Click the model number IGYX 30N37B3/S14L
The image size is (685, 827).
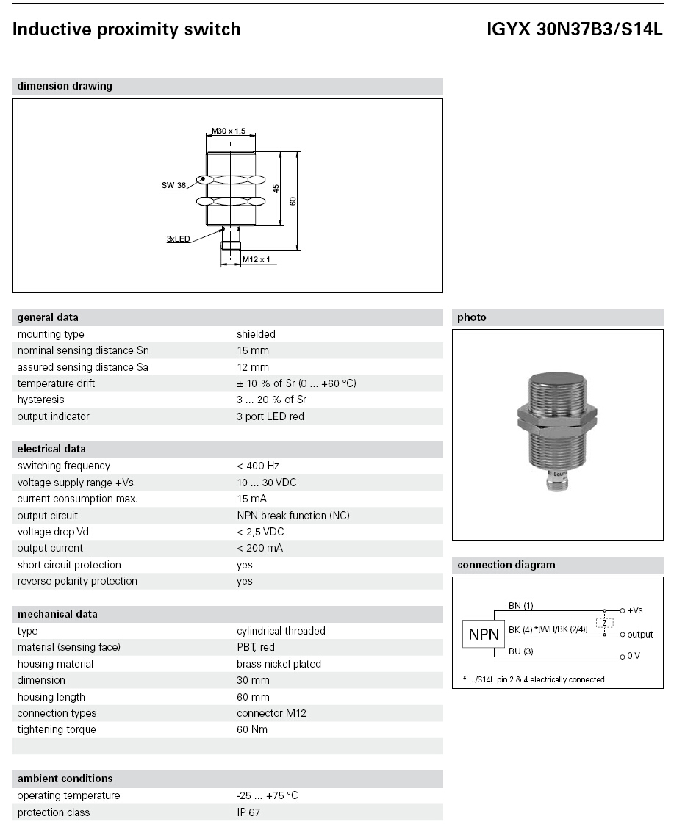pyautogui.click(x=574, y=29)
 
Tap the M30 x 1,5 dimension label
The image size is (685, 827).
pyautogui.click(x=229, y=131)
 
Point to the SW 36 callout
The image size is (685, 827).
pyautogui.click(x=173, y=185)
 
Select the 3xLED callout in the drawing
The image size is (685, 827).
pyautogui.click(x=179, y=239)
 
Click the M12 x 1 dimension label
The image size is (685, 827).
pyautogui.click(x=256, y=259)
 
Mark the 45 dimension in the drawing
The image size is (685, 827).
pyautogui.click(x=276, y=188)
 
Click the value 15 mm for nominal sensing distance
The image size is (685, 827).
pyautogui.click(x=253, y=351)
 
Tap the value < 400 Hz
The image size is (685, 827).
pyautogui.click(x=258, y=466)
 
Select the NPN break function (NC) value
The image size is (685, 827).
pyautogui.click(x=293, y=516)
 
